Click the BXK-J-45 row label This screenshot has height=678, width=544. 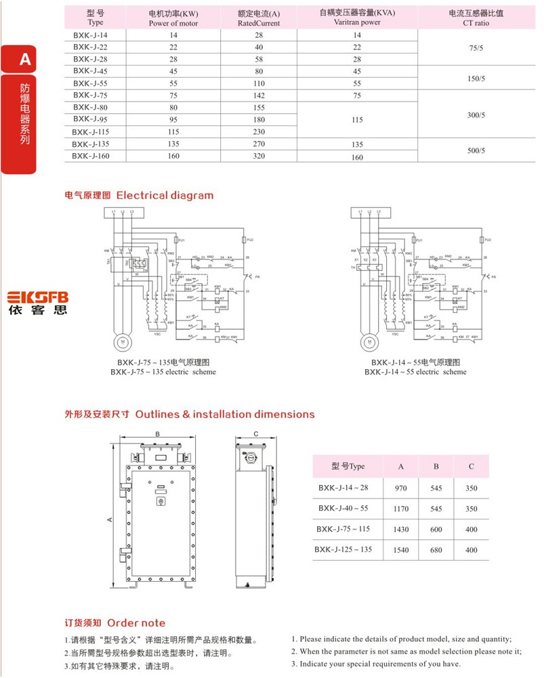pos(90,70)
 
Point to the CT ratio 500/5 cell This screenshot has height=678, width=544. pos(477,150)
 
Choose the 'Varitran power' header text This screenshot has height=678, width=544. pos(357,22)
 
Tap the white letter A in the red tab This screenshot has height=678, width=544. pos(25,60)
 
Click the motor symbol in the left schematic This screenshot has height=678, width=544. pos(123,342)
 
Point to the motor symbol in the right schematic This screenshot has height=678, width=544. pos(367,342)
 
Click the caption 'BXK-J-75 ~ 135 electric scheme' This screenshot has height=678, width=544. pos(163,372)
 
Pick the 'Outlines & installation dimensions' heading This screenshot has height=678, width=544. pos(225,414)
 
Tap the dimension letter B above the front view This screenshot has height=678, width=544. pos(158,434)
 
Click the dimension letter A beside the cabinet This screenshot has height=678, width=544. pos(110,520)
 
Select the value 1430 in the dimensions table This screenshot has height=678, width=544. pos(401,530)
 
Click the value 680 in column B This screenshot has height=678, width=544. pos(436,550)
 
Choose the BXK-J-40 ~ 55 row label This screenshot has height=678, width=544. pos(344,508)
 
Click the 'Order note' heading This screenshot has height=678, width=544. pos(136,622)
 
